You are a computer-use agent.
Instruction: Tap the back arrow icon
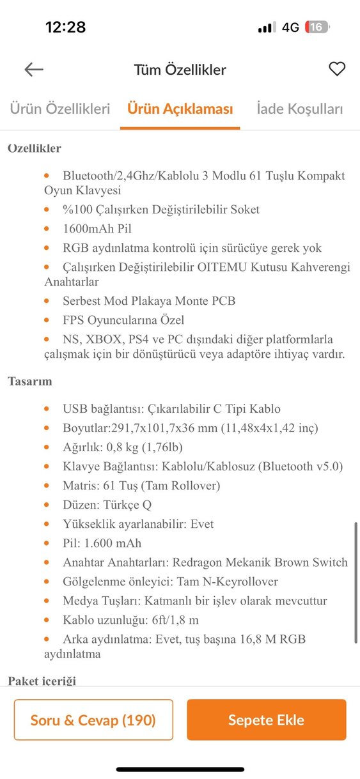pyautogui.click(x=34, y=70)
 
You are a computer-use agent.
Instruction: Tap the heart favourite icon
pyautogui.click(x=337, y=70)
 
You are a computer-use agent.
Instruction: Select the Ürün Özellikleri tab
pyautogui.click(x=59, y=109)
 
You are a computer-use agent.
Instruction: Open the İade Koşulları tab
pyautogui.click(x=300, y=109)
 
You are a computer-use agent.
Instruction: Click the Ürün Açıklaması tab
pyautogui.click(x=180, y=109)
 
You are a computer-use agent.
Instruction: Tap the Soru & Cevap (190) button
pyautogui.click(x=93, y=720)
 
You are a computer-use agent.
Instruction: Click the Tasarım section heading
pyautogui.click(x=30, y=382)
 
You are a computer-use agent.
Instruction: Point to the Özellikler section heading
pyautogui.click(x=35, y=148)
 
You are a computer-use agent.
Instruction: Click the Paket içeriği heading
pyautogui.click(x=42, y=681)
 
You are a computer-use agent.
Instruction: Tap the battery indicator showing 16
pyautogui.click(x=317, y=27)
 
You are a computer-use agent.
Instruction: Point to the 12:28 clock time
pyautogui.click(x=65, y=27)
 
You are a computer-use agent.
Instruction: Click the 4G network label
pyautogui.click(x=290, y=27)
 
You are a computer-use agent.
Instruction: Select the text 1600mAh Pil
pyautogui.click(x=97, y=228)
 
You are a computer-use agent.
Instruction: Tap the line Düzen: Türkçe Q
pyautogui.click(x=107, y=505)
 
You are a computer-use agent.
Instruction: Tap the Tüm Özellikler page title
pyautogui.click(x=180, y=70)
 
